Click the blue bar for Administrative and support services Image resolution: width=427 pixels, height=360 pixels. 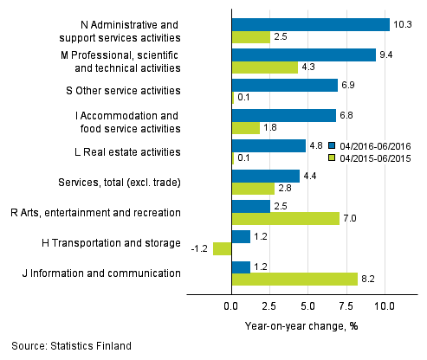click(x=310, y=25)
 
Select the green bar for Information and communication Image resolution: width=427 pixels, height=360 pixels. click(x=294, y=279)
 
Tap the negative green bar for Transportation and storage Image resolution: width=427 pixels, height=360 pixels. click(x=223, y=248)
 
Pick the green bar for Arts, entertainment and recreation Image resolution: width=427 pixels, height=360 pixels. click(x=285, y=218)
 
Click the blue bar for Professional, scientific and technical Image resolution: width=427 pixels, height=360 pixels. click(x=303, y=55)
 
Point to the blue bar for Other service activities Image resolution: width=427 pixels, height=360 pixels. click(x=284, y=85)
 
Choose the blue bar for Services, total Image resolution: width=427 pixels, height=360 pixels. click(x=265, y=176)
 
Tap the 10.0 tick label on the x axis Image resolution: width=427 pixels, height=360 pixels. click(x=385, y=306)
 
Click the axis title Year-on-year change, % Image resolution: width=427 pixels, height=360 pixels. click(x=302, y=325)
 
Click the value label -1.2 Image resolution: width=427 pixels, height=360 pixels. click(x=201, y=248)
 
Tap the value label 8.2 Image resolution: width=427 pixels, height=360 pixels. click(x=369, y=279)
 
